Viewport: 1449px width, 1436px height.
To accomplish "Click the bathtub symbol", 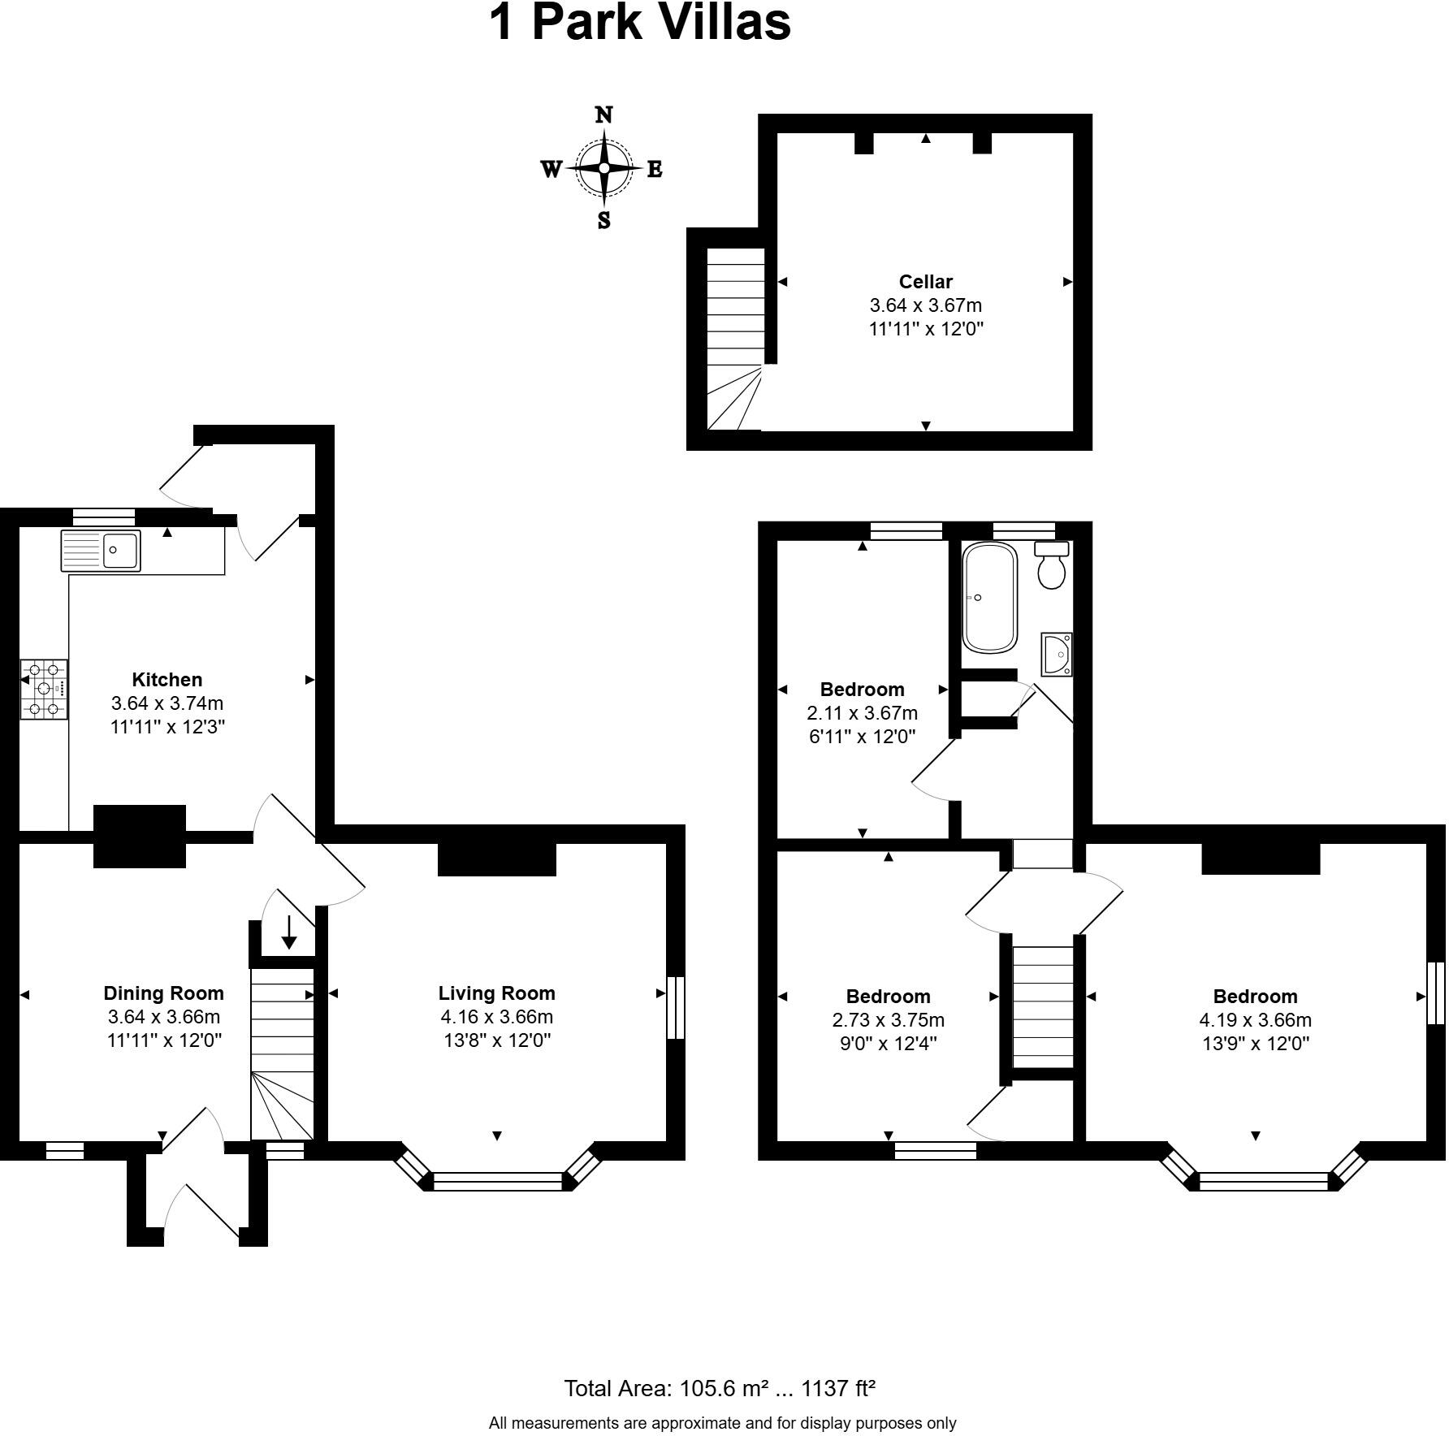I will [989, 598].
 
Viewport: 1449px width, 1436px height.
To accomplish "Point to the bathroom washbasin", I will [1058, 653].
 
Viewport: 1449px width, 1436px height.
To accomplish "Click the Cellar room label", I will [925, 282].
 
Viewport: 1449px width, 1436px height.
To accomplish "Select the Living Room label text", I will [496, 993].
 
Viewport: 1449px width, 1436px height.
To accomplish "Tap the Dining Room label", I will [163, 993].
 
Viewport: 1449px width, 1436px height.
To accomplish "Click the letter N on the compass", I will [603, 115].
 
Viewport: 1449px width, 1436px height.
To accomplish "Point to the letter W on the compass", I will [551, 169].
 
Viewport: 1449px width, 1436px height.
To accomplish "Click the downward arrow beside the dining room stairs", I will [288, 932].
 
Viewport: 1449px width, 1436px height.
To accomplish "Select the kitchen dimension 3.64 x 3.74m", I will [167, 703].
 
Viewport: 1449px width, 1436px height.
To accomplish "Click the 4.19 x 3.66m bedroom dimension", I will [1255, 1019].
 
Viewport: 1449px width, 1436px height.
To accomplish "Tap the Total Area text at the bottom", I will [720, 1388].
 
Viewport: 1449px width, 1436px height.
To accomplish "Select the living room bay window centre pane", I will [497, 1181].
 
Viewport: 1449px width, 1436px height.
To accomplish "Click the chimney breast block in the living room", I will [496, 859].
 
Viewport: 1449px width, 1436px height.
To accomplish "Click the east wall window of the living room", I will [675, 1007].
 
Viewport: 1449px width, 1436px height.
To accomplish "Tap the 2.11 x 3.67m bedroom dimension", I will [862, 713].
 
